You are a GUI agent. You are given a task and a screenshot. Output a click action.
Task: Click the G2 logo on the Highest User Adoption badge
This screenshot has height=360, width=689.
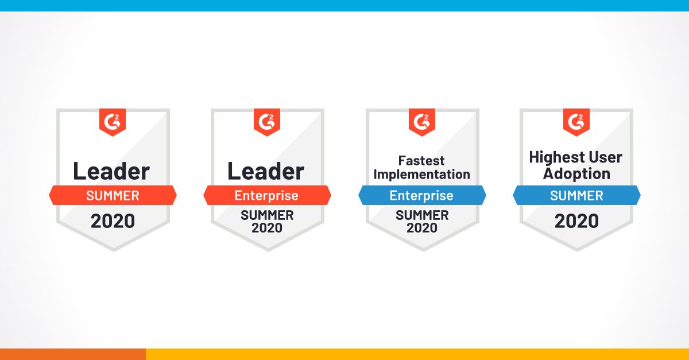pyautogui.click(x=576, y=122)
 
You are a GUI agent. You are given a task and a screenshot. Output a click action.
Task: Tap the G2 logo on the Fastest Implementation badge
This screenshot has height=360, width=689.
pyautogui.click(x=422, y=122)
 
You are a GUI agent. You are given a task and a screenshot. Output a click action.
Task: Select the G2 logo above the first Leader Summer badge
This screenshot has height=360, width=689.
pyautogui.click(x=113, y=122)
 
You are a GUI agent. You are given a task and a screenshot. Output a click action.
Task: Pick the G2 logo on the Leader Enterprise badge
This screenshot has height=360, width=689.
pyautogui.click(x=267, y=122)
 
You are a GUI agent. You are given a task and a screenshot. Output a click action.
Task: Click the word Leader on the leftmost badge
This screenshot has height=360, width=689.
pyautogui.click(x=111, y=171)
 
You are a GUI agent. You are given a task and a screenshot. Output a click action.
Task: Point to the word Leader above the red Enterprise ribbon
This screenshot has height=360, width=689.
pyautogui.click(x=266, y=171)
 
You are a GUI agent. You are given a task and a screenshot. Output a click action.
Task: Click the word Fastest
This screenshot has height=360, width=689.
pyautogui.click(x=422, y=161)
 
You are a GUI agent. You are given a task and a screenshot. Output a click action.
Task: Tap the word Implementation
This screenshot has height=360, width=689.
pyautogui.click(x=422, y=174)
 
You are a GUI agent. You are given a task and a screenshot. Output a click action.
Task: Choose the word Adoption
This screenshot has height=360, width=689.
pyautogui.click(x=576, y=173)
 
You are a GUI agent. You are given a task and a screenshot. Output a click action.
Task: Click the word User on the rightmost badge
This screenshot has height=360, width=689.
pyautogui.click(x=605, y=157)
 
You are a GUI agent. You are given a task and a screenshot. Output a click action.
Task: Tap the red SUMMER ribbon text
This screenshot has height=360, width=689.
pyautogui.click(x=113, y=196)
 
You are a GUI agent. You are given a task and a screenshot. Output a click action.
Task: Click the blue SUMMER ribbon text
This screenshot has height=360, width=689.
pyautogui.click(x=576, y=196)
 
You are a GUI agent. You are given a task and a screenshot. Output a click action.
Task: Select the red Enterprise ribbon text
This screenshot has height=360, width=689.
pyautogui.click(x=266, y=196)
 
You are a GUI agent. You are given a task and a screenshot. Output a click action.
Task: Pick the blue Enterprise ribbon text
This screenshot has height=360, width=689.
pyautogui.click(x=421, y=196)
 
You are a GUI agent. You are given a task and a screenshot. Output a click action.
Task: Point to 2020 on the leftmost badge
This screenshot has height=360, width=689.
pyautogui.click(x=113, y=221)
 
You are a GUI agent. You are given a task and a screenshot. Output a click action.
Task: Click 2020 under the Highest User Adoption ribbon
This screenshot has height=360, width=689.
pyautogui.click(x=576, y=221)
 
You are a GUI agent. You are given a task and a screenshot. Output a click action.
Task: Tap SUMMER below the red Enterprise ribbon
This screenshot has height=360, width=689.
pyautogui.click(x=267, y=215)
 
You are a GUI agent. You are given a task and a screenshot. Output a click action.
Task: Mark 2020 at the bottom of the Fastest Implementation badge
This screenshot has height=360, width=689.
pyautogui.click(x=422, y=228)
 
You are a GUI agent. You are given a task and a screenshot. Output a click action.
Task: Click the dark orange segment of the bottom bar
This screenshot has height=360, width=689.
pyautogui.click(x=72, y=354)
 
